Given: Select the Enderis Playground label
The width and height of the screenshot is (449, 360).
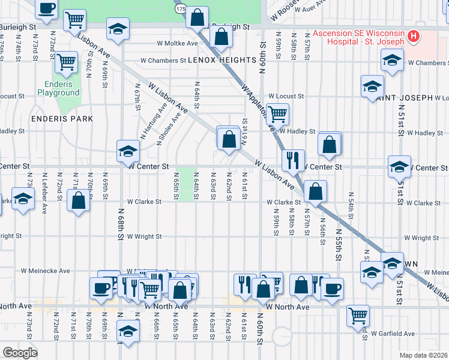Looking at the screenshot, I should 58,89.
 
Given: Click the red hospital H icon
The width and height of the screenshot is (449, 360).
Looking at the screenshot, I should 413,37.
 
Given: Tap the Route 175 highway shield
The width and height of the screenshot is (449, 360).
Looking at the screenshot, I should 181,9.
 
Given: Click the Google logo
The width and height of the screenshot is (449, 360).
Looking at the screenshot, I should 19,353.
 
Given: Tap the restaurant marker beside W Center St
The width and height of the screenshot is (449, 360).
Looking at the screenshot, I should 294,160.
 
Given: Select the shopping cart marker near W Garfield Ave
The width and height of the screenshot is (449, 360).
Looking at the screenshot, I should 358,315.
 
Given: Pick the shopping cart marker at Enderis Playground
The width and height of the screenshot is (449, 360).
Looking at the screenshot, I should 66,62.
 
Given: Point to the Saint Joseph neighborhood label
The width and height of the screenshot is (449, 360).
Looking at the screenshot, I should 405,97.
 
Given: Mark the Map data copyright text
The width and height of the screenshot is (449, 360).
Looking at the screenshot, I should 424,355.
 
